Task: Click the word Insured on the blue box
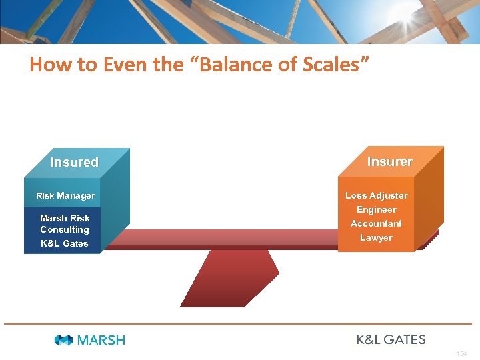(74, 162)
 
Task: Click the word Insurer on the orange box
(389, 161)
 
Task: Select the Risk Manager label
(65, 195)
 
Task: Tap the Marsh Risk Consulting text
(65, 224)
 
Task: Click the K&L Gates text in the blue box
(65, 243)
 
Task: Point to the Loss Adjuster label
(376, 195)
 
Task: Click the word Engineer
(376, 209)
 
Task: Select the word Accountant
(376, 223)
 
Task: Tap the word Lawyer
(376, 237)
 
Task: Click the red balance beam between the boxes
(220, 238)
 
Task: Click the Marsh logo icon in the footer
(63, 340)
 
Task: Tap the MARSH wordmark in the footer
(101, 340)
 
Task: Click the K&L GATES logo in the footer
(391, 339)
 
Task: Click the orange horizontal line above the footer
(240, 324)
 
